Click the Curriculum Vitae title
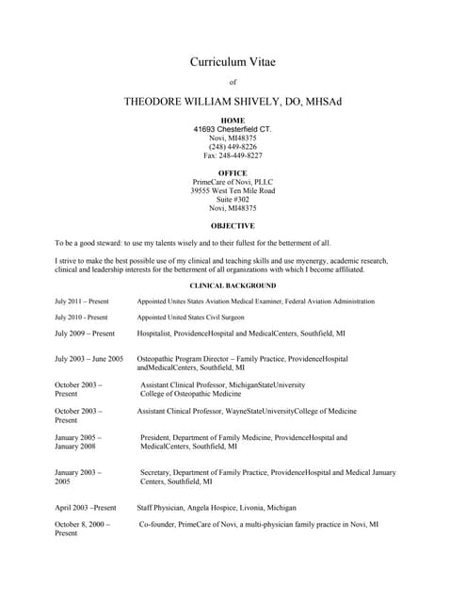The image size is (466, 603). (x=233, y=62)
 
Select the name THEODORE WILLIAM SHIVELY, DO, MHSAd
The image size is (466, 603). (x=233, y=101)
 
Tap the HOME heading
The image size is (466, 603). (x=233, y=121)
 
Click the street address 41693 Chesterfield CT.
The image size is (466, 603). (x=233, y=129)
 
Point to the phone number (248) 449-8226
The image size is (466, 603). (x=233, y=147)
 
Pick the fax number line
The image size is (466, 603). (x=233, y=155)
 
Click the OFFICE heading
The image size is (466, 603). (x=233, y=173)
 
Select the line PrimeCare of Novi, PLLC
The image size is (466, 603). (x=233, y=182)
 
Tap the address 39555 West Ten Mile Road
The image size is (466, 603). (x=233, y=191)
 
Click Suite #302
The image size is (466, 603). (x=233, y=200)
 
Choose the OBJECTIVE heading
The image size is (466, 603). (x=233, y=226)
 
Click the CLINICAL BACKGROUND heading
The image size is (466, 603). (x=233, y=285)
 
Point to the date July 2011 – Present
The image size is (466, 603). (x=82, y=301)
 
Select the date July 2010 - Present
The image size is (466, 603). (x=81, y=318)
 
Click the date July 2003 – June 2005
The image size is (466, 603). (x=88, y=359)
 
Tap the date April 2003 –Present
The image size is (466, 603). (x=85, y=508)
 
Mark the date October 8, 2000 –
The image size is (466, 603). (x=82, y=524)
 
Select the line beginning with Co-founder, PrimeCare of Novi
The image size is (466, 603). (x=259, y=524)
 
